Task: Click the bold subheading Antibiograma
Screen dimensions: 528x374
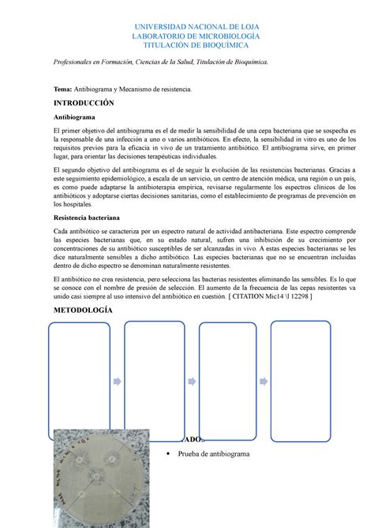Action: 77,116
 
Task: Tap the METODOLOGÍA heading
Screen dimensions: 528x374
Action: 82,310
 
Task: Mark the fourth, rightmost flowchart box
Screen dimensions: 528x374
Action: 300,381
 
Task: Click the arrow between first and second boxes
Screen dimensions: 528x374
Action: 116,381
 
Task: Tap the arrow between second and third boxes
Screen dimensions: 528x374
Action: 193,381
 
